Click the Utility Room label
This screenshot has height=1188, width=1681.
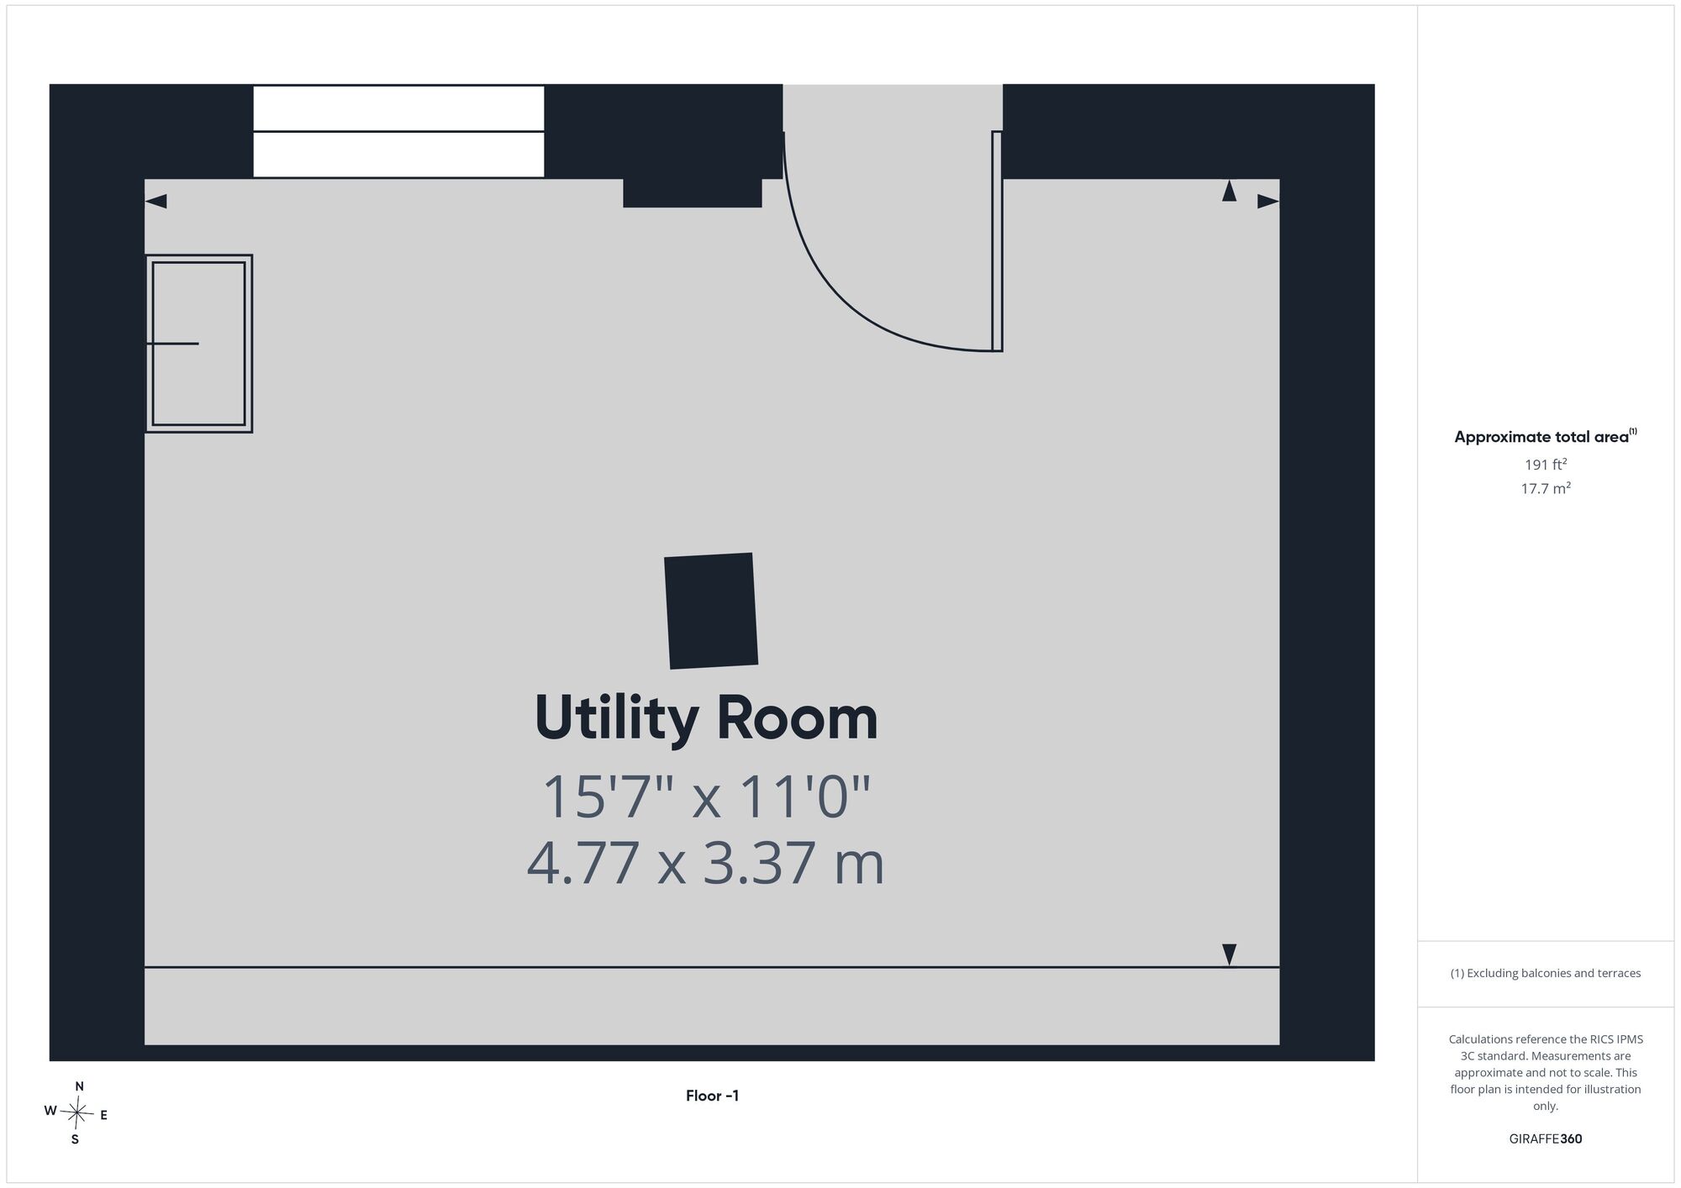point(706,718)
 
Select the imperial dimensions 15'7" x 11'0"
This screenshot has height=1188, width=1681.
point(706,796)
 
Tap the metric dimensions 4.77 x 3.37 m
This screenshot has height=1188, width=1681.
point(706,863)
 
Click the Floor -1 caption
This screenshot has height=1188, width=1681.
point(712,1096)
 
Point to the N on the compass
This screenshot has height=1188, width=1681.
point(79,1086)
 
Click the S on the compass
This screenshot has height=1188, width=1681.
point(75,1139)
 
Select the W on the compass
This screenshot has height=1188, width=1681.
point(50,1111)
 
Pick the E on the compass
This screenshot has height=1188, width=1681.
point(103,1116)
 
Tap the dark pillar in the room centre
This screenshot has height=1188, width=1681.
point(711,611)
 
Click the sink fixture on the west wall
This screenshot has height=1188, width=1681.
point(199,344)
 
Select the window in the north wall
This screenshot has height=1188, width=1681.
point(398,131)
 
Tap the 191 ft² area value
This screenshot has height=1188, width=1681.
point(1546,464)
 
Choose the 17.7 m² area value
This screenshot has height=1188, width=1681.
point(1546,488)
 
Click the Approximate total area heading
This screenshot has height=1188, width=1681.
point(1546,436)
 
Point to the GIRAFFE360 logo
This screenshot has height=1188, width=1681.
point(1546,1139)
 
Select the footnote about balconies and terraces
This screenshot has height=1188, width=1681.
point(1546,973)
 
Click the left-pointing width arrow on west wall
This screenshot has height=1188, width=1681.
point(156,202)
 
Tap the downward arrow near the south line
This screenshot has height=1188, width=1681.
point(1229,954)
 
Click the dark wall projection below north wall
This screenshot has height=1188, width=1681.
point(692,192)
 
